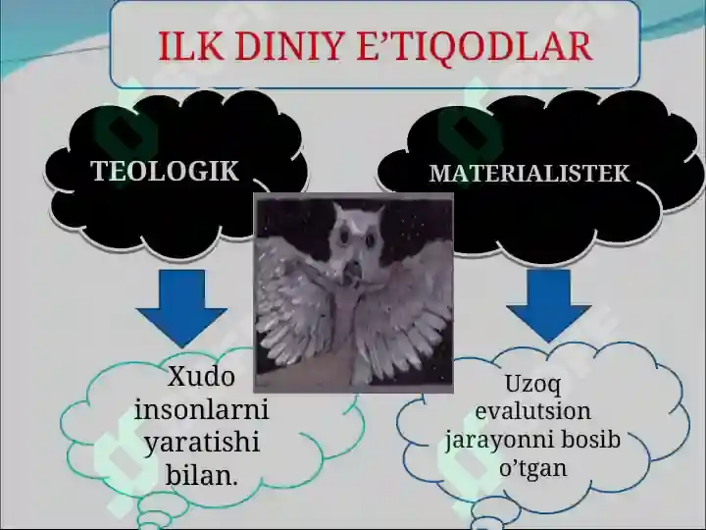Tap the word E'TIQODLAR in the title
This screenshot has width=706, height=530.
(x=475, y=47)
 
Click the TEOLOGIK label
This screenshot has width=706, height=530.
(x=165, y=171)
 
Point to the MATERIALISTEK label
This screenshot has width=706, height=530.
(x=529, y=173)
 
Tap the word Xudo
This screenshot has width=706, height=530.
(x=201, y=376)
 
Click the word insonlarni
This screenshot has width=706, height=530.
(x=201, y=408)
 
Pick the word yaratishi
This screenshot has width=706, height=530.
(x=202, y=443)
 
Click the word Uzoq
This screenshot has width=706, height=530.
(x=532, y=385)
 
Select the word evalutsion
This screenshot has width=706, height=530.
(x=533, y=411)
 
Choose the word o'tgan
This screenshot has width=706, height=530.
(x=533, y=468)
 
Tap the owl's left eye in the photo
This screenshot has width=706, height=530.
(x=346, y=237)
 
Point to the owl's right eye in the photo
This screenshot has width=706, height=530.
(x=371, y=239)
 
